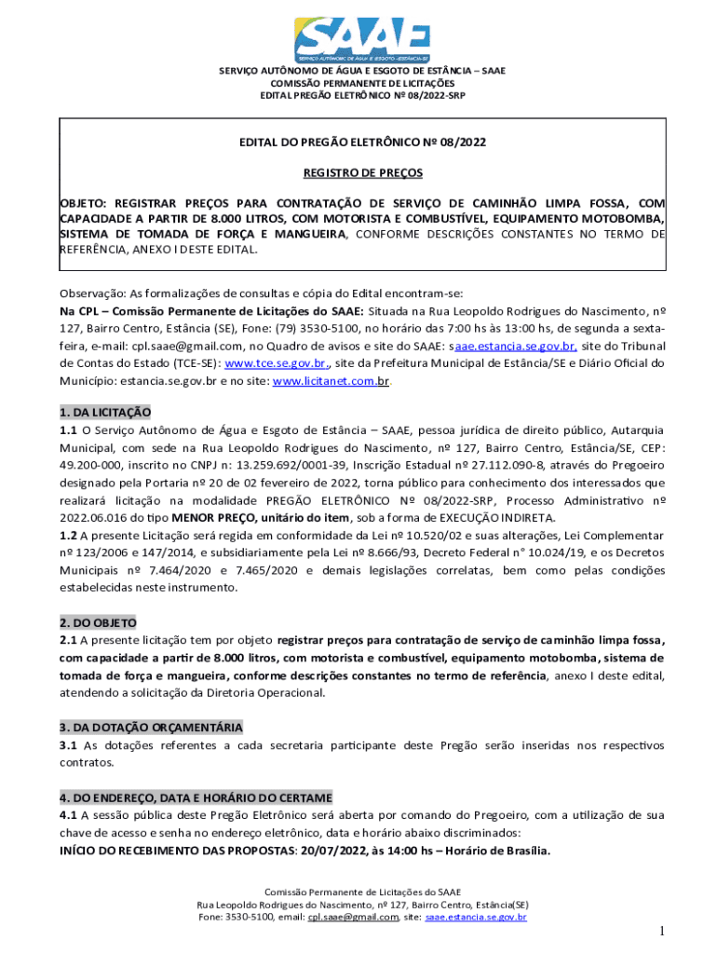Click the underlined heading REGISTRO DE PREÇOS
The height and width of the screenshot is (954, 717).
coord(363,172)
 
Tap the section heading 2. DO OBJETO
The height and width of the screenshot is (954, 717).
coord(98,622)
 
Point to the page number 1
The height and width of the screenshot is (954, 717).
coord(660,932)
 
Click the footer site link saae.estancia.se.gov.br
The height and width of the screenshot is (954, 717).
coord(476,917)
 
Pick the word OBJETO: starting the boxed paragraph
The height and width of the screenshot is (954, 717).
coord(84,202)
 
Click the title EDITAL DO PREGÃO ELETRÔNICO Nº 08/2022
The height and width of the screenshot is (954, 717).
coord(363,143)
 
